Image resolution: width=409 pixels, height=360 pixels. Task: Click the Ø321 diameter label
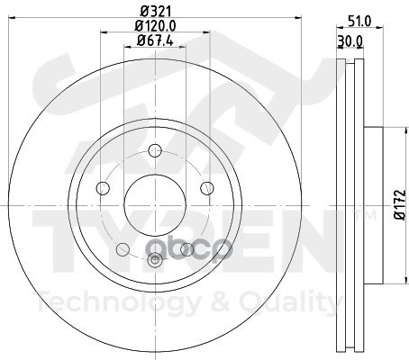(156, 12)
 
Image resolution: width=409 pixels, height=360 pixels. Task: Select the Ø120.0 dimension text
(155, 26)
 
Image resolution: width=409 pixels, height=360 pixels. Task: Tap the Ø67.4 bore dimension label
(155, 40)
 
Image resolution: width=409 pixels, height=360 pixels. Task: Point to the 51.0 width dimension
(359, 22)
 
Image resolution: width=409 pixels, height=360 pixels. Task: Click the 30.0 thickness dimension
(350, 41)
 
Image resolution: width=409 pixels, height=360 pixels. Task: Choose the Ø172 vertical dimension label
(400, 205)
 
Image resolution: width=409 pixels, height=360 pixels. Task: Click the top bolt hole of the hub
(155, 150)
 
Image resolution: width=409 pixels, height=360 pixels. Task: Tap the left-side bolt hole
(103, 188)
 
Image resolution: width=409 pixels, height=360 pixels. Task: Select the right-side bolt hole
(207, 188)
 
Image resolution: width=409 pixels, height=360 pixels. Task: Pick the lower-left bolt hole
(123, 249)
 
